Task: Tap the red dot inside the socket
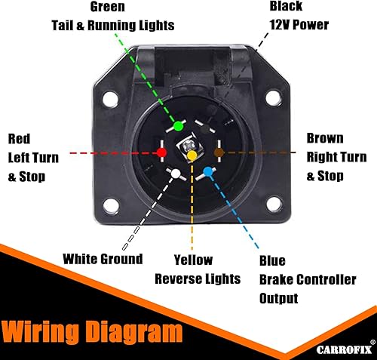point(161,152)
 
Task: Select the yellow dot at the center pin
point(192,155)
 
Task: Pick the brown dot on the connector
point(219,152)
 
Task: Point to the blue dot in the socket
point(208,172)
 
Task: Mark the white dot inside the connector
point(176,174)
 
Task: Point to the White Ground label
point(103,259)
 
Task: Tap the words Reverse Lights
point(198,278)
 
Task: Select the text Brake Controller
point(307,279)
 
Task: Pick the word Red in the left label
point(19,138)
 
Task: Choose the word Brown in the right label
point(325,138)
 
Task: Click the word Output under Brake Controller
point(278,298)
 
